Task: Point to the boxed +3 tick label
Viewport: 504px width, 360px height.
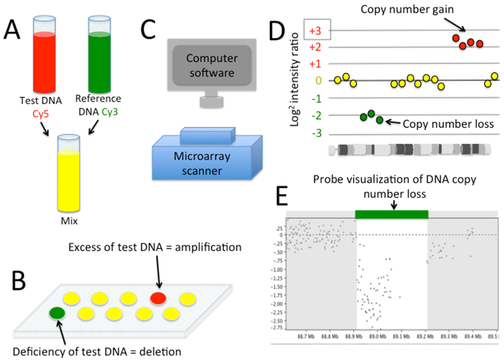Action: click(x=315, y=30)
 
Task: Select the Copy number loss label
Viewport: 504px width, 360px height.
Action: click(x=448, y=124)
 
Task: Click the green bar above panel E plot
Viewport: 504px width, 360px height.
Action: click(x=391, y=214)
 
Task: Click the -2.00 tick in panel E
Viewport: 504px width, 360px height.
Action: click(x=278, y=304)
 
